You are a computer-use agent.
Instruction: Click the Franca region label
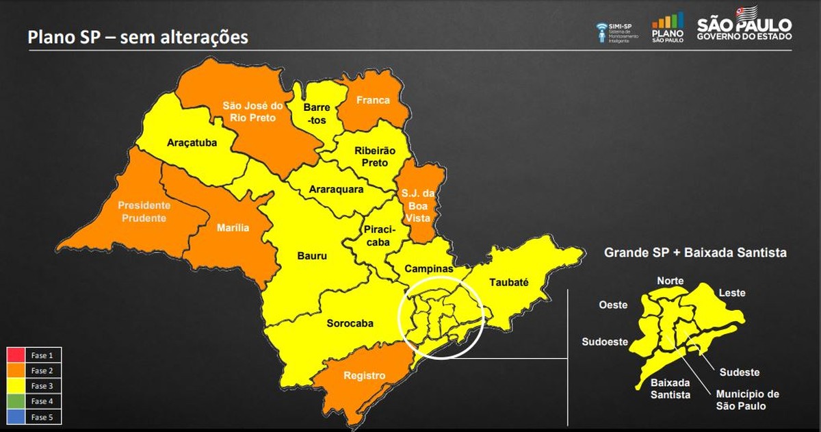click(373, 100)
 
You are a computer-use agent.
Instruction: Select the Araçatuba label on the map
click(192, 143)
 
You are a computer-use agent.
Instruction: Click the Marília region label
click(233, 228)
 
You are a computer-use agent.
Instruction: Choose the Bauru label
click(312, 256)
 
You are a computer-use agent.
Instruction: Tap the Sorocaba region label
click(350, 323)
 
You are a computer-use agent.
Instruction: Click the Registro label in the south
click(364, 376)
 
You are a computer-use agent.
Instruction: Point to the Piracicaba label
click(376, 235)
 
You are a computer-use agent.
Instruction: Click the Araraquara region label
click(336, 190)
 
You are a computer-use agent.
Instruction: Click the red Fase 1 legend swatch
click(16, 355)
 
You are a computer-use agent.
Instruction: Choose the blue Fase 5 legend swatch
click(16, 416)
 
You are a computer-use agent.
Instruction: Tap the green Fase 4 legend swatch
click(16, 401)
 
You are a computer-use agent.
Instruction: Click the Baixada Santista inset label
click(670, 388)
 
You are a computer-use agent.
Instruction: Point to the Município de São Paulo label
click(747, 400)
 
